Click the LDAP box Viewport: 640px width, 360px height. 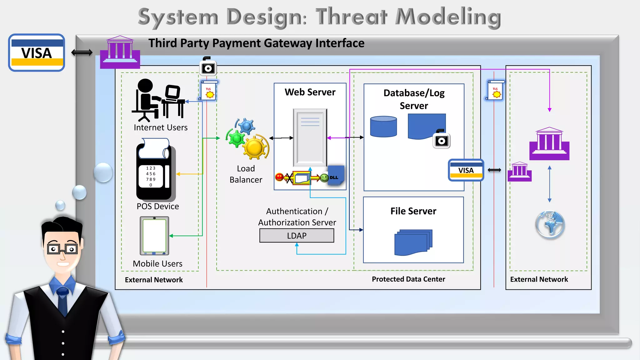297,236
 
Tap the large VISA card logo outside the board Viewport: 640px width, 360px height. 37,53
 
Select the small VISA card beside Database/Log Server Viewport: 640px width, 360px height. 466,170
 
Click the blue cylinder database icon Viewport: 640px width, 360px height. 383,127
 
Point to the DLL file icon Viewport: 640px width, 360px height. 336,176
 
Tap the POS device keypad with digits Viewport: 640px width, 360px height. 151,177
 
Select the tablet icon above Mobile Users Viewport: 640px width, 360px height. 154,236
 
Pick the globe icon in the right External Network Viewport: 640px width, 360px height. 550,225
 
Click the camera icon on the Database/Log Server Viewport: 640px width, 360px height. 441,140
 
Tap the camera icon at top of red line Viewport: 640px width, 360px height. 208,67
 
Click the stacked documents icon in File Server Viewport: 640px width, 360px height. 413,242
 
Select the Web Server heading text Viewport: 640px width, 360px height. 310,92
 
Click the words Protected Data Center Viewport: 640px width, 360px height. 408,279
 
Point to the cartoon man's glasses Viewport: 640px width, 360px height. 62,249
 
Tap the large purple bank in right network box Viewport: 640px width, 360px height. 549,144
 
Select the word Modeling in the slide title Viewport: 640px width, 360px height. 448,17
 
